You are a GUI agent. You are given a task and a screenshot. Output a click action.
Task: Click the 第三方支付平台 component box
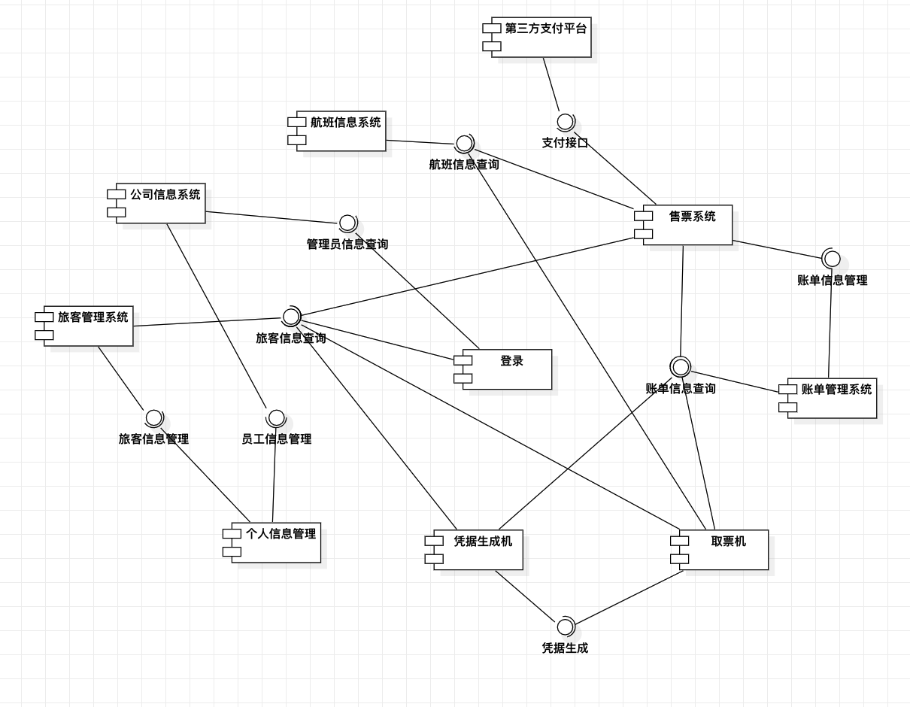pyautogui.click(x=541, y=38)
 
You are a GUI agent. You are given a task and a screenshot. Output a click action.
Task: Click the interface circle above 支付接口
pyautogui.click(x=566, y=122)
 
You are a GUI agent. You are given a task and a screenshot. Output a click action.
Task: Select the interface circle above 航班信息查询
pyautogui.click(x=464, y=143)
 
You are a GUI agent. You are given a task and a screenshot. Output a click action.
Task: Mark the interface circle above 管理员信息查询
pyautogui.click(x=347, y=223)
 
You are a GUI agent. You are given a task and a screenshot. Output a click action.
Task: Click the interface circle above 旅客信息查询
pyautogui.click(x=291, y=317)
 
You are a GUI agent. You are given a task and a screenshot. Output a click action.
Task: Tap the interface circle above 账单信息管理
pyautogui.click(x=832, y=259)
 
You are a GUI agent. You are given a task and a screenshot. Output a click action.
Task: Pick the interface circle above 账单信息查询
pyautogui.click(x=681, y=367)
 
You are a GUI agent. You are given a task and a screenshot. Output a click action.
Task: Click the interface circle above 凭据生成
pyautogui.click(x=565, y=627)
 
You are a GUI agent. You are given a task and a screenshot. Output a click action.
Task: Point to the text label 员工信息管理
pyautogui.click(x=276, y=439)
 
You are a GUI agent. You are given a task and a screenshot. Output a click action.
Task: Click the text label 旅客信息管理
pyautogui.click(x=153, y=439)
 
